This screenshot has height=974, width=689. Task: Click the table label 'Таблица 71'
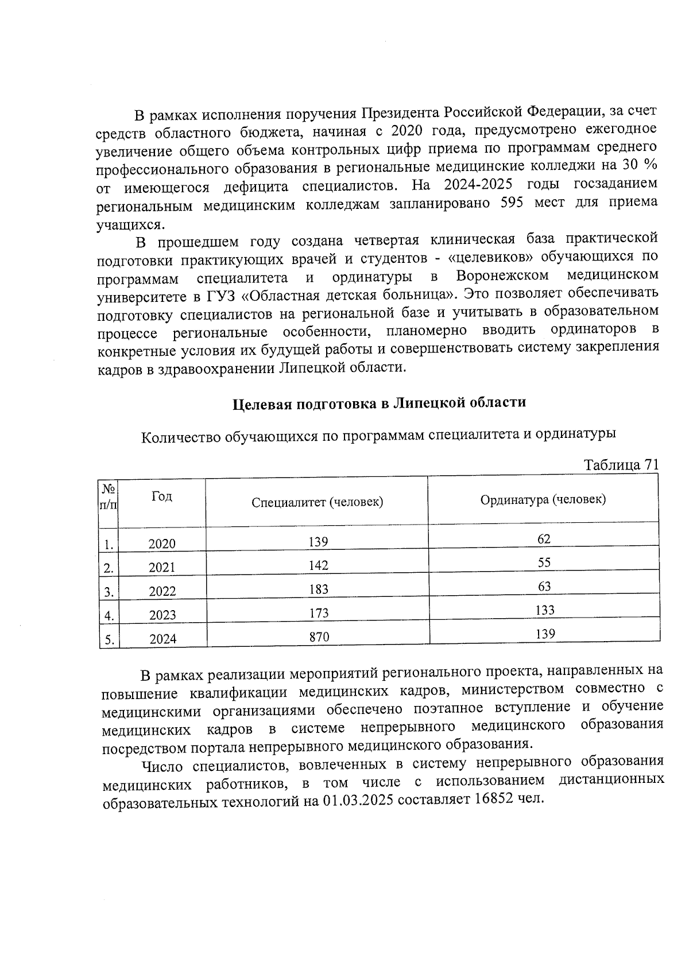(621, 464)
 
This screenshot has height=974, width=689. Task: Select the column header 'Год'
(161, 496)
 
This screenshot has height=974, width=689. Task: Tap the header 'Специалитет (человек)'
(318, 502)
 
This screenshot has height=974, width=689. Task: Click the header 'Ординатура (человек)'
(543, 499)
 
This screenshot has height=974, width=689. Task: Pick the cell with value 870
(319, 637)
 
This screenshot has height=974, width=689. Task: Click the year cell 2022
(162, 591)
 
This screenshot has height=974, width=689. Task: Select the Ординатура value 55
(544, 562)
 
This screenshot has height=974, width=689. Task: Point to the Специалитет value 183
(319, 589)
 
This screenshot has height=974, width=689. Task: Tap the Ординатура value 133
(544, 610)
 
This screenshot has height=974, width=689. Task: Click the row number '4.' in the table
(108, 616)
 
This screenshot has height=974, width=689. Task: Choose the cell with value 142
(318, 565)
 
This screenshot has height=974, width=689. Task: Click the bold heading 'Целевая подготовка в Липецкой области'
(379, 402)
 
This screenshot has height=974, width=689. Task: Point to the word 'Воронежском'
(502, 275)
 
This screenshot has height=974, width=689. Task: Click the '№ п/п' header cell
(108, 497)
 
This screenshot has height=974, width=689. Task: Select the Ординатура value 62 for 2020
(544, 538)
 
